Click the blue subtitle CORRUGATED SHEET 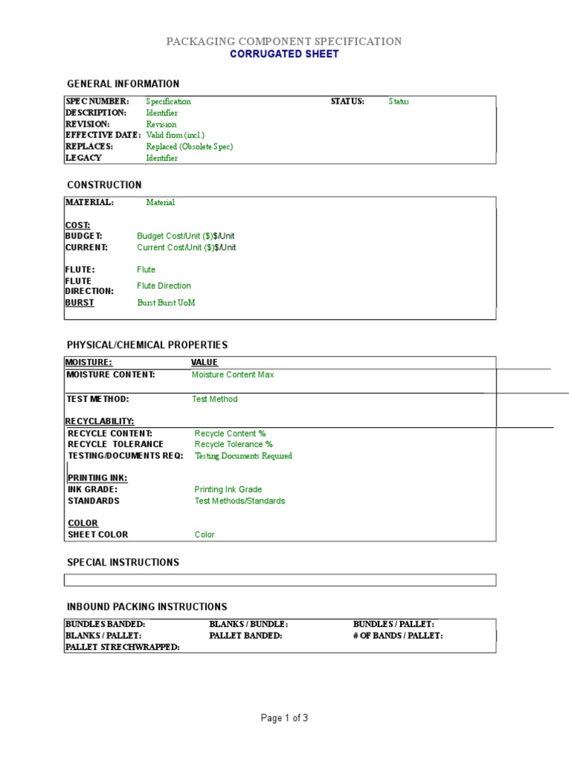tap(284, 54)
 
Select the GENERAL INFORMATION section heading tap(123, 84)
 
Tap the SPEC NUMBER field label tap(97, 101)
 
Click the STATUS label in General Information tap(347, 101)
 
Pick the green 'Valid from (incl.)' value tap(175, 135)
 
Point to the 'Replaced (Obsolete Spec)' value tap(189, 147)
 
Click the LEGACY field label tap(84, 158)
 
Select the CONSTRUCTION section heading tap(104, 185)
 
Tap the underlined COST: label tap(78, 225)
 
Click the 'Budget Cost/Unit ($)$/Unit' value tap(186, 236)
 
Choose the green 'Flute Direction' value tap(164, 286)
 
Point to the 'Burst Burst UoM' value tap(166, 303)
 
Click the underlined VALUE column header tap(204, 363)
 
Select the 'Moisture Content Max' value tap(233, 375)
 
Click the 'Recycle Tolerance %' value tap(228, 444)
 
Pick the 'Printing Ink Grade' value tap(228, 489)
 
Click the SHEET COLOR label tap(98, 534)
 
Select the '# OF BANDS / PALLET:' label tap(398, 636)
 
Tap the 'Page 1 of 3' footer tap(284, 718)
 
